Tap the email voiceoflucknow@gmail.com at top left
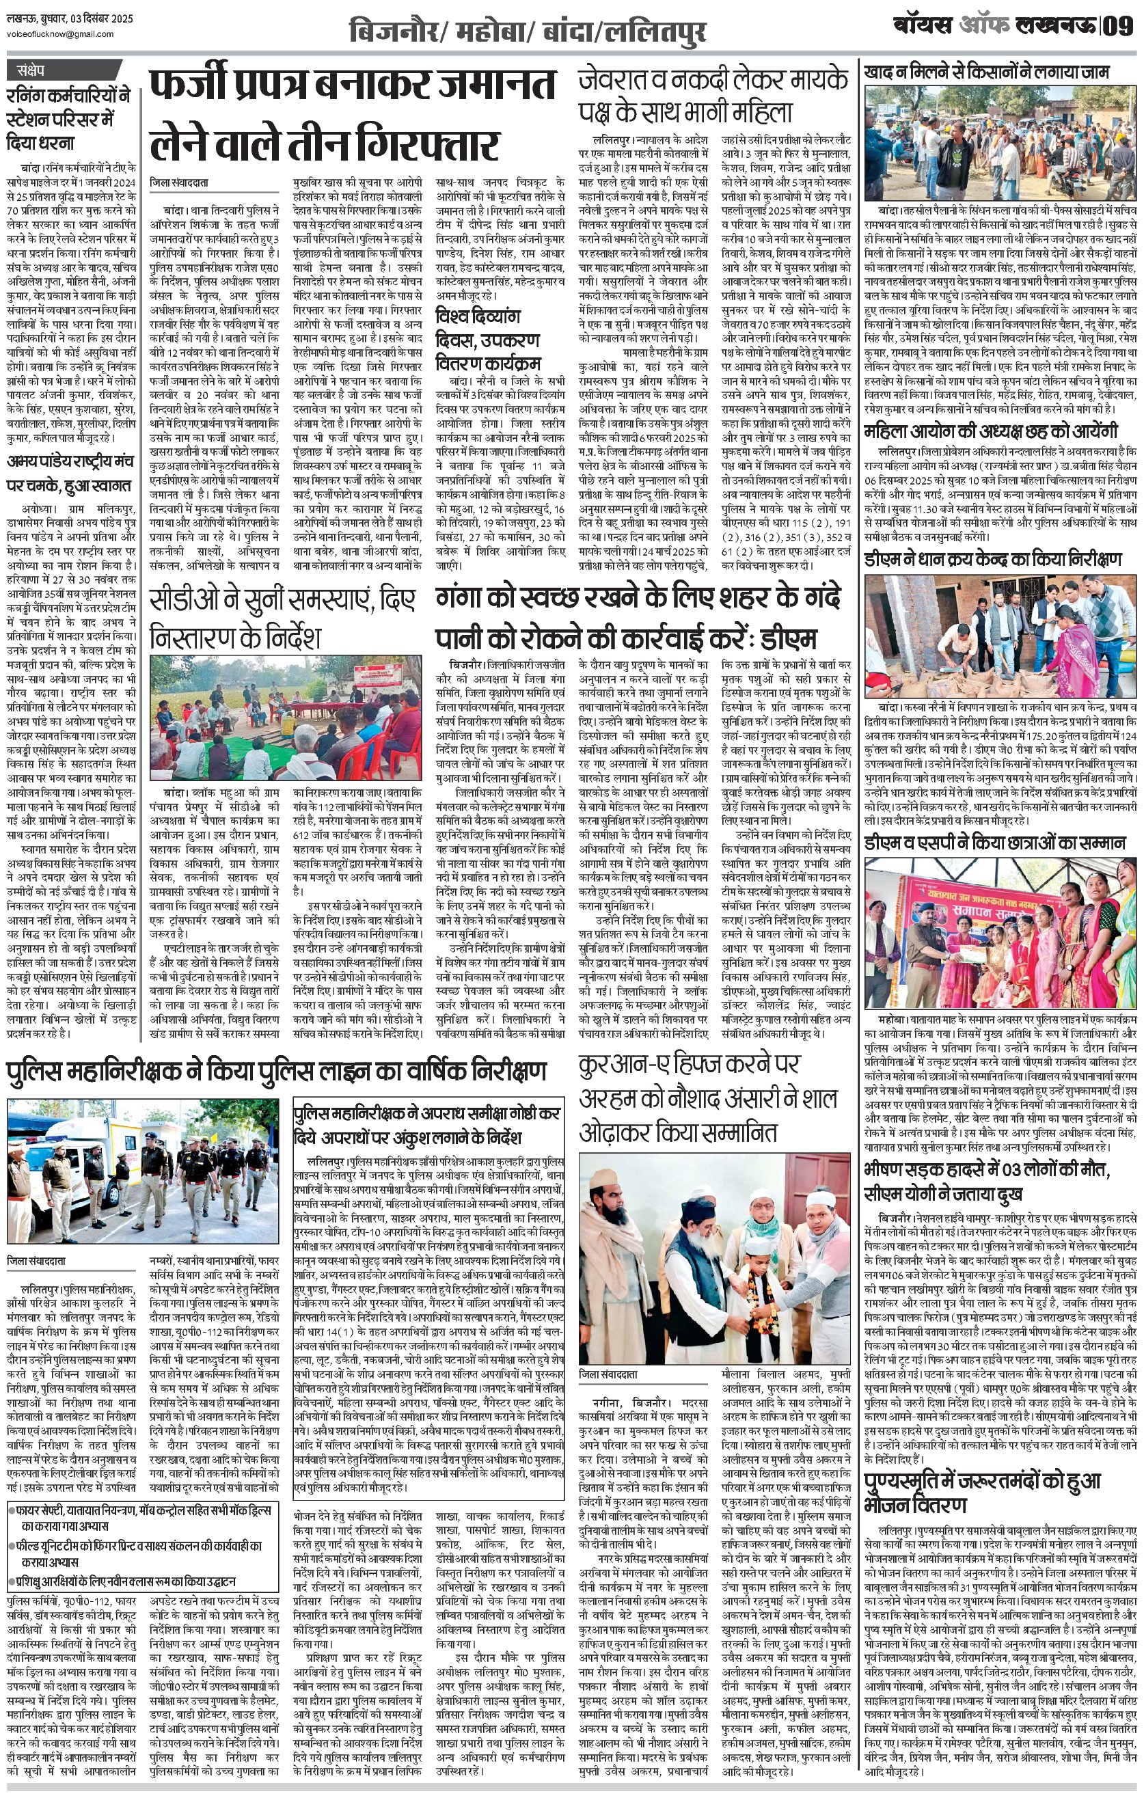coord(59,33)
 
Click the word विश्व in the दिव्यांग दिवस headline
coord(457,316)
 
